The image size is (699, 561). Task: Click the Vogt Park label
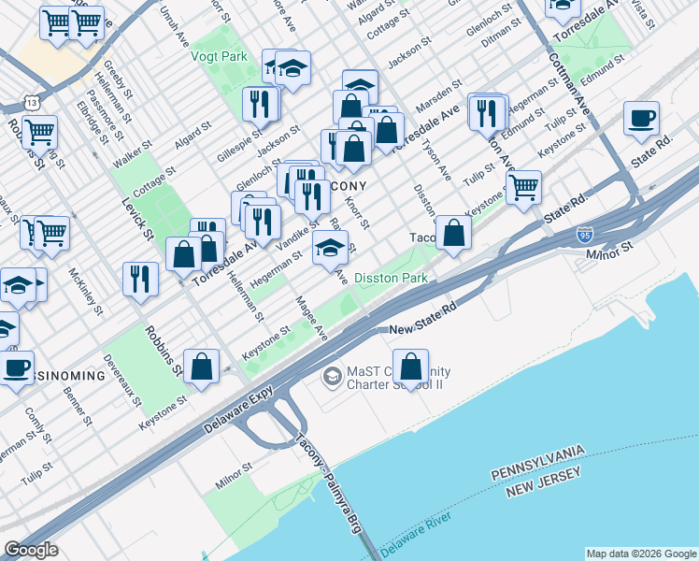(219, 56)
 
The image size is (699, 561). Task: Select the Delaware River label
(417, 531)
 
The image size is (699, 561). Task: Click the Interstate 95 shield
(585, 235)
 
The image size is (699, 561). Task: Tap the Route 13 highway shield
(33, 101)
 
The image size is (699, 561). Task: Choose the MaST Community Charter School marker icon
(332, 377)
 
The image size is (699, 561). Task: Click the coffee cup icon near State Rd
(642, 119)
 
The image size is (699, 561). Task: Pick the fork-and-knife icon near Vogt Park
(260, 104)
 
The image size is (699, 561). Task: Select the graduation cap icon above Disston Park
(331, 249)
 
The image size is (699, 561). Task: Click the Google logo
(32, 550)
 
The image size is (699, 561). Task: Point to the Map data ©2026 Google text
(641, 554)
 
